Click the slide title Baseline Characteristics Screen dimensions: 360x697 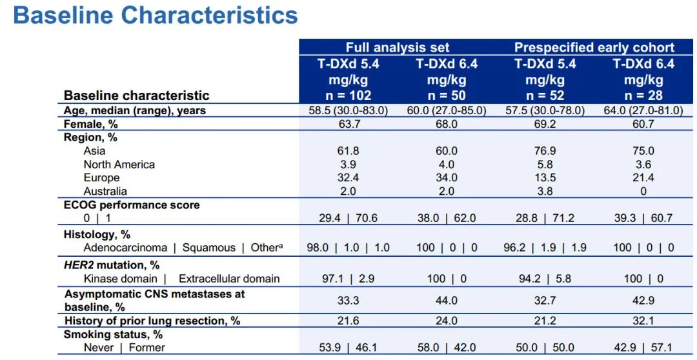(x=155, y=15)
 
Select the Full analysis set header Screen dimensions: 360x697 (x=398, y=47)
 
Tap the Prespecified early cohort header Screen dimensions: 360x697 (x=594, y=47)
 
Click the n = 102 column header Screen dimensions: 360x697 (x=348, y=95)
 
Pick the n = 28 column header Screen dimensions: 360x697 (x=643, y=95)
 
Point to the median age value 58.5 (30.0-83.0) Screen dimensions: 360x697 (x=348, y=110)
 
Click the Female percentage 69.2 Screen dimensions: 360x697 (x=545, y=124)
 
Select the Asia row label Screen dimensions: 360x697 (x=94, y=151)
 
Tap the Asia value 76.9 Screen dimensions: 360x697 (x=545, y=151)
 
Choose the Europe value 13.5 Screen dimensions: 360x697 (x=545, y=177)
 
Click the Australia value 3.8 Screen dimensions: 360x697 (x=545, y=191)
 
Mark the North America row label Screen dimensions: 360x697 (x=119, y=165)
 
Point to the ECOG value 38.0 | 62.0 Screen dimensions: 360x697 (x=447, y=218)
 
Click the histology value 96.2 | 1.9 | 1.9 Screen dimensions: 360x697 (x=545, y=248)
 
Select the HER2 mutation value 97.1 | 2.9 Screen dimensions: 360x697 (x=348, y=279)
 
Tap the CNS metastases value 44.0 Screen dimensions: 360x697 (x=447, y=301)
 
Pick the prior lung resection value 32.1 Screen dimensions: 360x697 (x=643, y=321)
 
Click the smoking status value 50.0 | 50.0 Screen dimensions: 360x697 (x=545, y=348)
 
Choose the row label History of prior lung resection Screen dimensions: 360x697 (x=152, y=321)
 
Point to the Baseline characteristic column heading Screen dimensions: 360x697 (x=136, y=95)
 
